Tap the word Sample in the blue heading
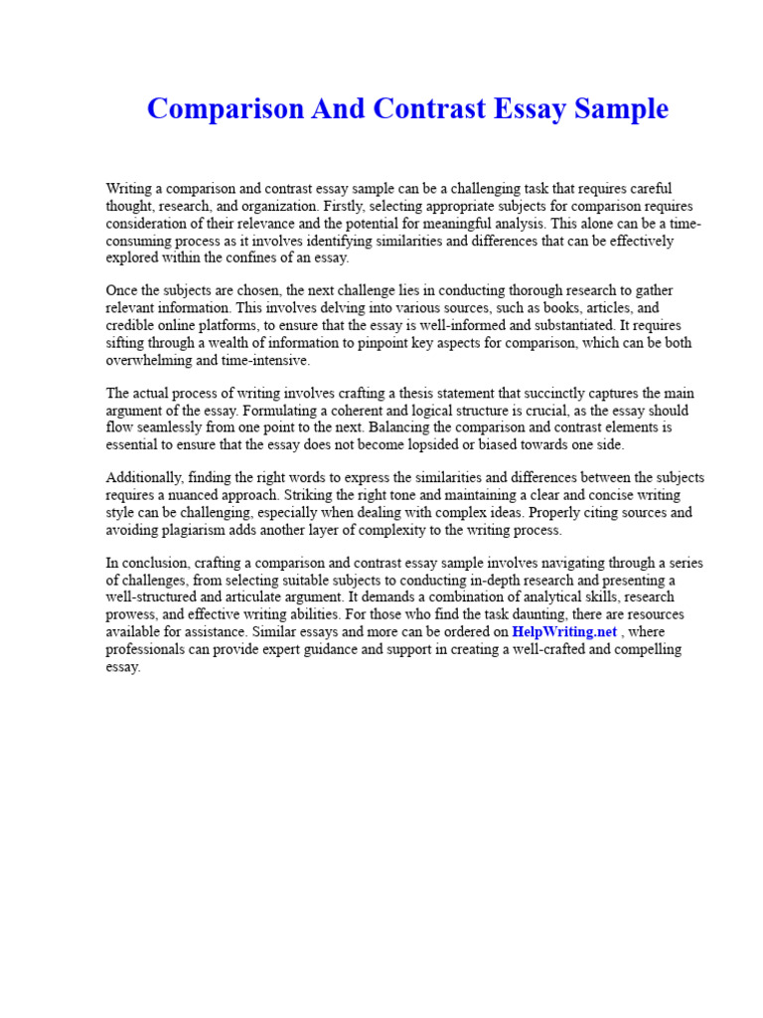point(623,109)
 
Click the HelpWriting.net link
point(564,631)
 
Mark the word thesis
point(405,394)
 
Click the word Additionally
point(145,478)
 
